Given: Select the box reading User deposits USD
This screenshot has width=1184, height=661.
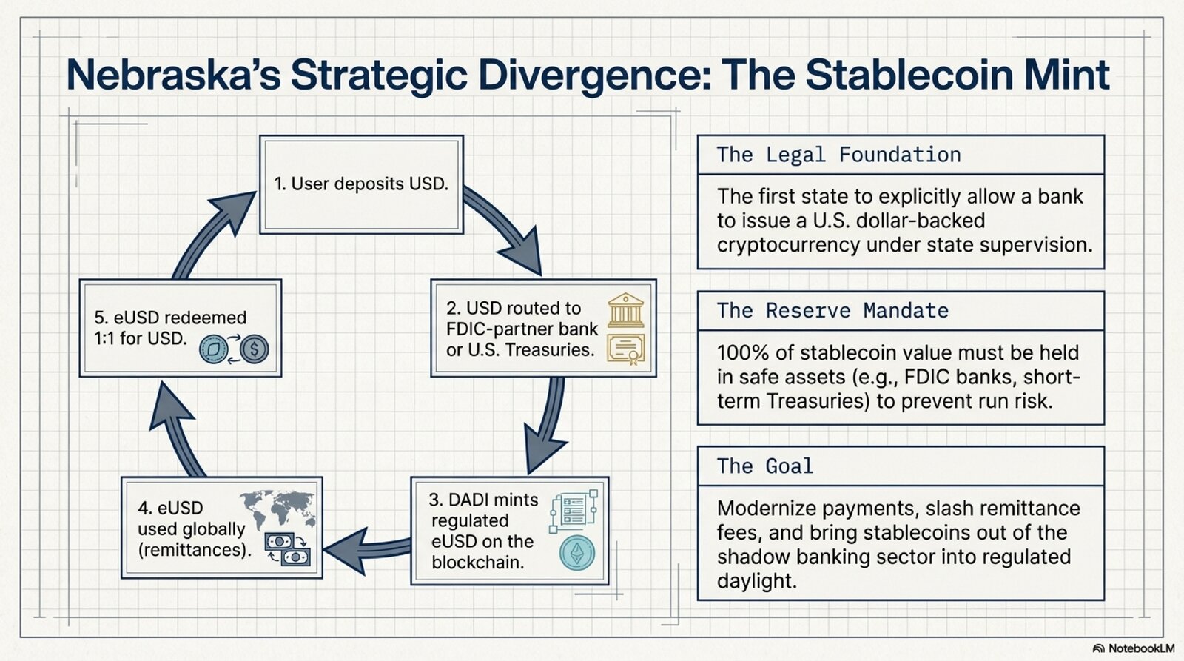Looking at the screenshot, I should point(361,184).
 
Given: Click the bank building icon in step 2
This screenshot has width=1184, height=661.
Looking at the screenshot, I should point(626,310).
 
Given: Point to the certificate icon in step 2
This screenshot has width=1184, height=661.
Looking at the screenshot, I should point(626,349).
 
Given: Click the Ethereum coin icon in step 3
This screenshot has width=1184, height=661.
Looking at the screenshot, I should point(577,553).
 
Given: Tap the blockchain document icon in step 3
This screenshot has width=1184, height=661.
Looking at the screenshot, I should point(574,510).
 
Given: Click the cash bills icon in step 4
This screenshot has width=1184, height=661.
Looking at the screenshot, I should point(288,549).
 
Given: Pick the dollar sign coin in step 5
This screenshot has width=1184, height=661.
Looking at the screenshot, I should point(255,349).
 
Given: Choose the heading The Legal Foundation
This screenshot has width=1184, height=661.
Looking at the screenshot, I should point(838,155).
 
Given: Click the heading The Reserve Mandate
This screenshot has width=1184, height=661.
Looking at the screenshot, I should point(832,310).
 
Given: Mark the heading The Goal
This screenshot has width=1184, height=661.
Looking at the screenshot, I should point(764,466).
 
